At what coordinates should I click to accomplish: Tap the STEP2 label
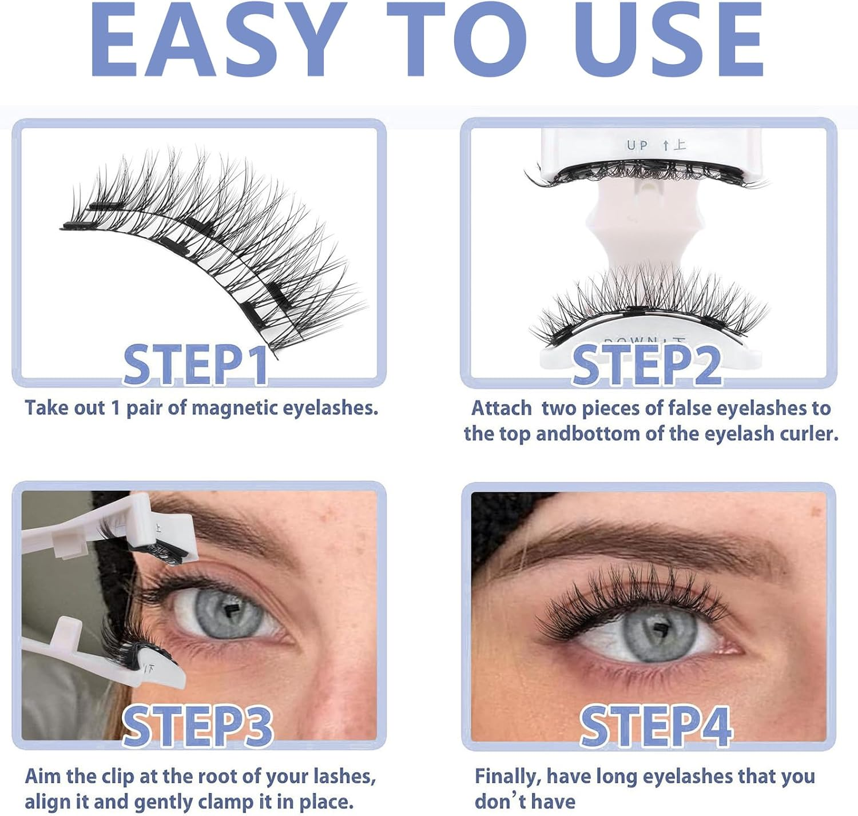[646, 365]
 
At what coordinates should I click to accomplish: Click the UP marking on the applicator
[637, 146]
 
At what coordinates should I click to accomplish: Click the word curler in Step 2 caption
[808, 434]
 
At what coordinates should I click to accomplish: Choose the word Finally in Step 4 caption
[507, 777]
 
